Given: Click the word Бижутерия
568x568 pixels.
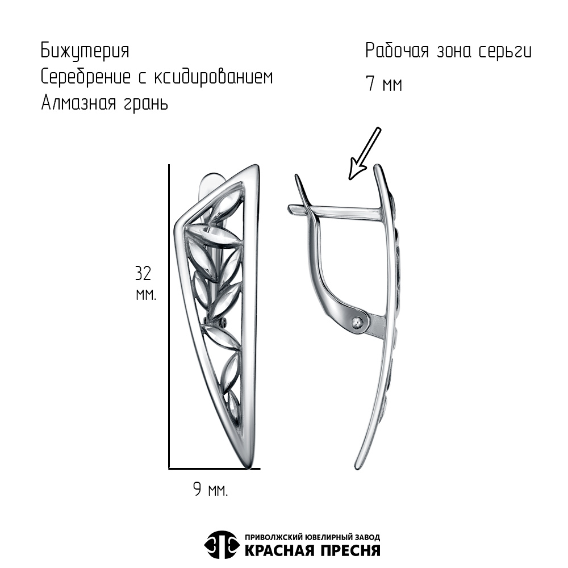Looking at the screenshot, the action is click(x=85, y=51).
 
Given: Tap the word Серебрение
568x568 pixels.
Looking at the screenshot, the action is click(x=86, y=77).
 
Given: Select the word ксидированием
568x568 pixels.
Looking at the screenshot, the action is click(x=214, y=77).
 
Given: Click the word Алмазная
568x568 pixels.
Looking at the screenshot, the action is click(x=78, y=103).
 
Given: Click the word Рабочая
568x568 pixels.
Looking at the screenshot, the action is click(x=397, y=51).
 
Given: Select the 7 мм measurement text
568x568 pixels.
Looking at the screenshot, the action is click(x=384, y=84).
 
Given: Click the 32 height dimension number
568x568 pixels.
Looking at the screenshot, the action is click(x=144, y=274).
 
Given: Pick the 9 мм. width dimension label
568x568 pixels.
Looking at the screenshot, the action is click(x=211, y=490).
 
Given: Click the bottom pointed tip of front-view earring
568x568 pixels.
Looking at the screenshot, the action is click(x=249, y=467).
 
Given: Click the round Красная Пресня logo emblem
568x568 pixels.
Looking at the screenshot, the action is click(x=222, y=545).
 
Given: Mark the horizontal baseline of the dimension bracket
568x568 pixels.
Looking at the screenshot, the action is click(x=215, y=469).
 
